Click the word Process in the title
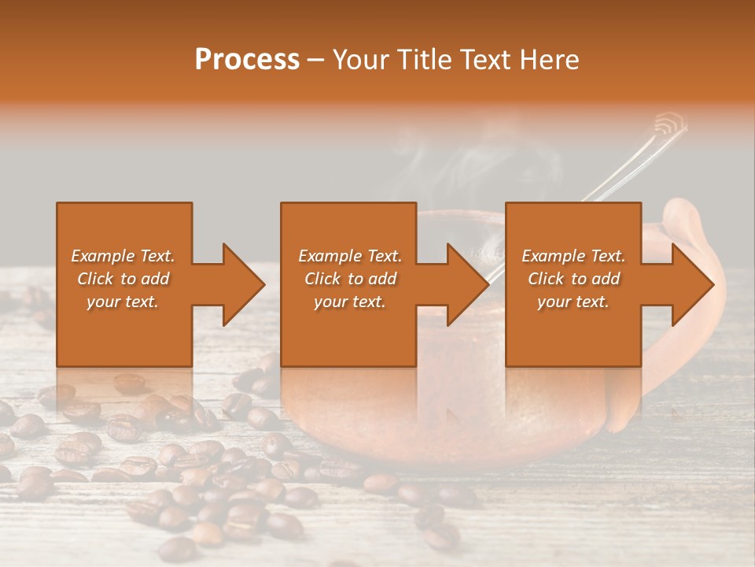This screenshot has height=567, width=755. tap(247, 60)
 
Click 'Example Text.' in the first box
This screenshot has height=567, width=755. tap(123, 256)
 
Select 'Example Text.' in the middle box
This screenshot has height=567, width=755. tap(350, 256)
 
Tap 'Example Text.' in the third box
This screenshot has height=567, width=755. tap(573, 256)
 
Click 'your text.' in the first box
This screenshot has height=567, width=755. tap(123, 302)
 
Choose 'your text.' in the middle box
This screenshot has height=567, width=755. tap(350, 302)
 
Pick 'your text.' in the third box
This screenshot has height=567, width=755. tap(573, 302)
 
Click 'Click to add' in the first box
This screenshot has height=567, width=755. tap(123, 279)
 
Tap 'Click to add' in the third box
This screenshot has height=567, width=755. tap(573, 279)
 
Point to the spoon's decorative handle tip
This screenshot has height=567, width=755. tap(669, 124)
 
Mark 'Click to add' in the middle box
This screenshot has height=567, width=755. tap(350, 279)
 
